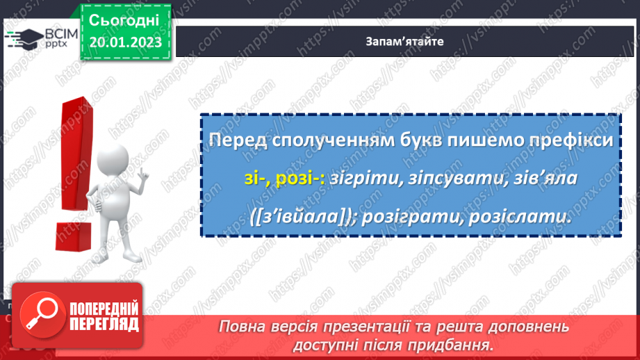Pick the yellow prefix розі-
tap(300, 179)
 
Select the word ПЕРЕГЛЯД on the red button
tap(105, 324)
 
